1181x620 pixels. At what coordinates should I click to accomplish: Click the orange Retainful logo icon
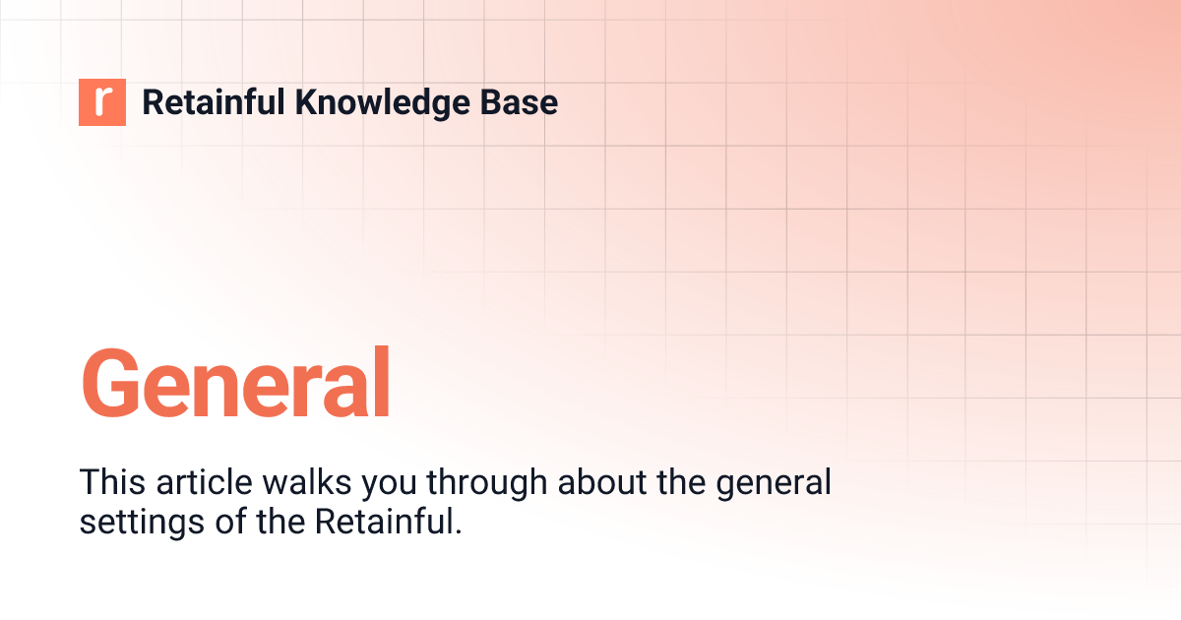(102, 102)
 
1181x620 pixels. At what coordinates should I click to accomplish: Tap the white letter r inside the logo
(103, 102)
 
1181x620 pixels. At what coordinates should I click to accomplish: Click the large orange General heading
(235, 383)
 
